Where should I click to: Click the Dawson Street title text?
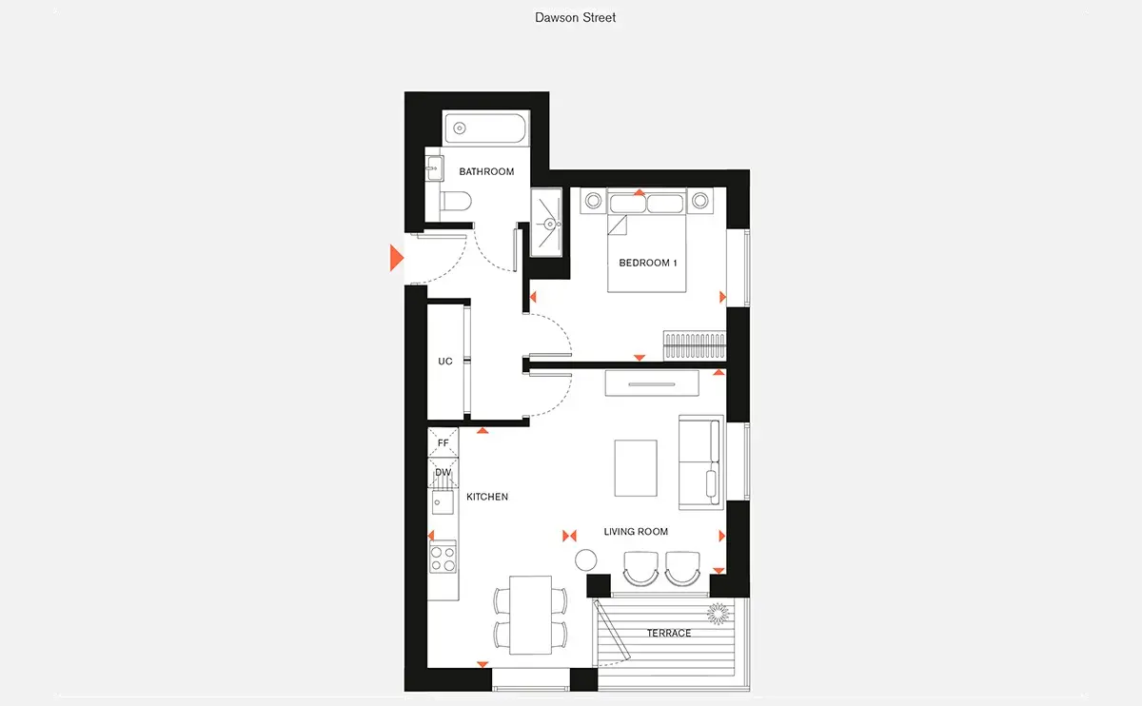click(575, 18)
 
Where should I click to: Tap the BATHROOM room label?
click(486, 172)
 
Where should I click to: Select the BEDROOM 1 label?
click(647, 263)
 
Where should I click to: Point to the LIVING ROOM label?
click(636, 532)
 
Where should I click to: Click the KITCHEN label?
click(487, 497)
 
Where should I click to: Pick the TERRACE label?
click(669, 633)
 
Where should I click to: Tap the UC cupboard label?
click(445, 362)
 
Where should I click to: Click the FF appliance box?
click(443, 442)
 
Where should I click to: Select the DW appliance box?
click(443, 473)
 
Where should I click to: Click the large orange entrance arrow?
click(397, 258)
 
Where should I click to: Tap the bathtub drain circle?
click(460, 128)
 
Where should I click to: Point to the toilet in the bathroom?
click(455, 201)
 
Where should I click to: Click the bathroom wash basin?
click(434, 168)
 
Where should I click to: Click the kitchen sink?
click(443, 502)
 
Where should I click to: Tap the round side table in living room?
click(586, 559)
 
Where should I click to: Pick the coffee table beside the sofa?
click(636, 468)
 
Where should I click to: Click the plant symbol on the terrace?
click(718, 614)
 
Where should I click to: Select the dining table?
click(531, 615)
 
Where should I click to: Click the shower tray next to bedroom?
click(546, 223)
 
